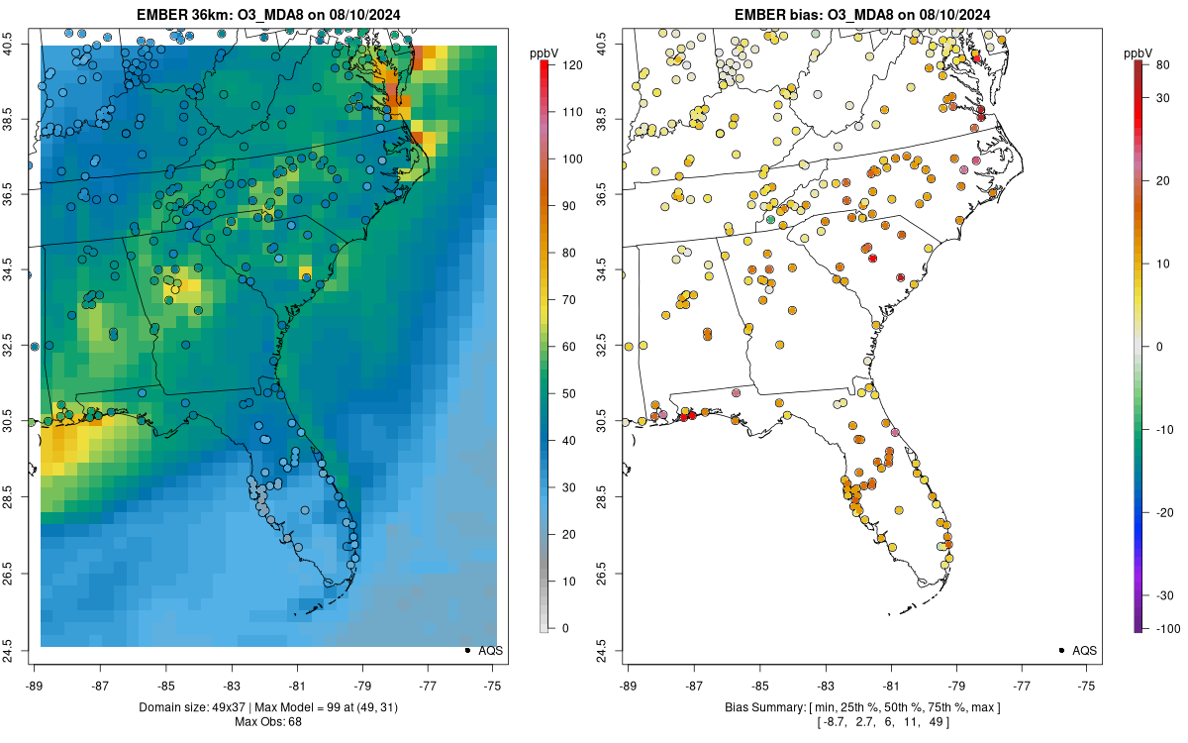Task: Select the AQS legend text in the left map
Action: tap(491, 651)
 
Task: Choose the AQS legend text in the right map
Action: tap(1085, 651)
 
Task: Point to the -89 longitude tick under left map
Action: tap(34, 685)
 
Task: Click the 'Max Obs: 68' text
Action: tap(267, 722)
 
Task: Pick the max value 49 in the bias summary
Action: tap(938, 722)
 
